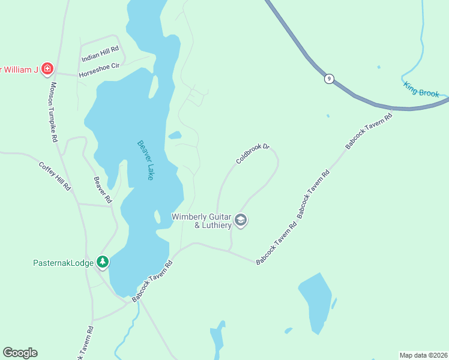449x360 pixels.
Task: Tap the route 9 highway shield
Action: click(x=328, y=79)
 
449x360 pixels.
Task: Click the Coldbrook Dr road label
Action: click(x=253, y=152)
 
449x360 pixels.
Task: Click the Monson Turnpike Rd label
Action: click(x=53, y=112)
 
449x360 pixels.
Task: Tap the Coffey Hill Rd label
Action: click(x=55, y=176)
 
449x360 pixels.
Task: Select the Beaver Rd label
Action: click(x=103, y=189)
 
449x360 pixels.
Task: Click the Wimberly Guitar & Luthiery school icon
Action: click(x=241, y=220)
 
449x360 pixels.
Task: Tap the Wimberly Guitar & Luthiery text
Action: click(x=201, y=221)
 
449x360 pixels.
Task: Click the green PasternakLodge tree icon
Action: click(x=103, y=262)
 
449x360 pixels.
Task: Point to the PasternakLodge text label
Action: click(x=63, y=263)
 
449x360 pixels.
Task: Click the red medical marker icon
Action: click(x=46, y=69)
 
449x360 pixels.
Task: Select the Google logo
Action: click(x=20, y=353)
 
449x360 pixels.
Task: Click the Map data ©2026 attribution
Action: click(x=423, y=355)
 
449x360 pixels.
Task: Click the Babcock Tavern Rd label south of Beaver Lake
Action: click(x=152, y=281)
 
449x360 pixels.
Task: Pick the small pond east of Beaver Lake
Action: click(x=175, y=136)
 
